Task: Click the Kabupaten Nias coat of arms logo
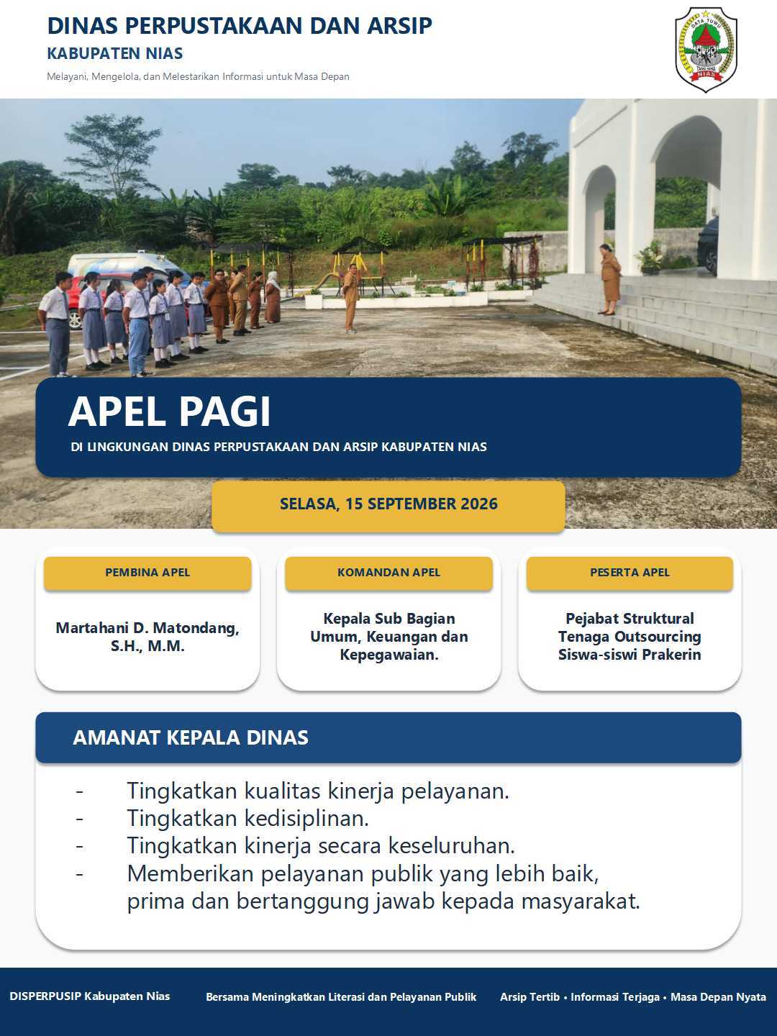(x=706, y=50)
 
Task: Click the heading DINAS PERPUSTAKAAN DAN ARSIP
(x=240, y=26)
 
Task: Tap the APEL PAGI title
(x=170, y=412)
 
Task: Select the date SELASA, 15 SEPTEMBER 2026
(x=388, y=504)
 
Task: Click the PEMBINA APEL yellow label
(x=147, y=573)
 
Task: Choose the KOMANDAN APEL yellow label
(x=388, y=573)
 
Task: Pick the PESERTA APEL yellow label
(x=630, y=573)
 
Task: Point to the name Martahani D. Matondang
(x=147, y=628)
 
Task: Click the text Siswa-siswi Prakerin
(x=630, y=655)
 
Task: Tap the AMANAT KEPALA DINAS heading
(x=191, y=737)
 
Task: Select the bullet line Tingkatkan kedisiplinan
(x=247, y=819)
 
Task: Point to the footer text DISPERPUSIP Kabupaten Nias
(x=90, y=996)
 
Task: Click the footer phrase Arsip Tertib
(x=530, y=997)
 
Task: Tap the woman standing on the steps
(x=610, y=279)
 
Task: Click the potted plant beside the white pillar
(x=650, y=258)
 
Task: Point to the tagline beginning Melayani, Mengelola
(x=198, y=76)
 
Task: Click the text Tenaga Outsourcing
(x=630, y=637)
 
